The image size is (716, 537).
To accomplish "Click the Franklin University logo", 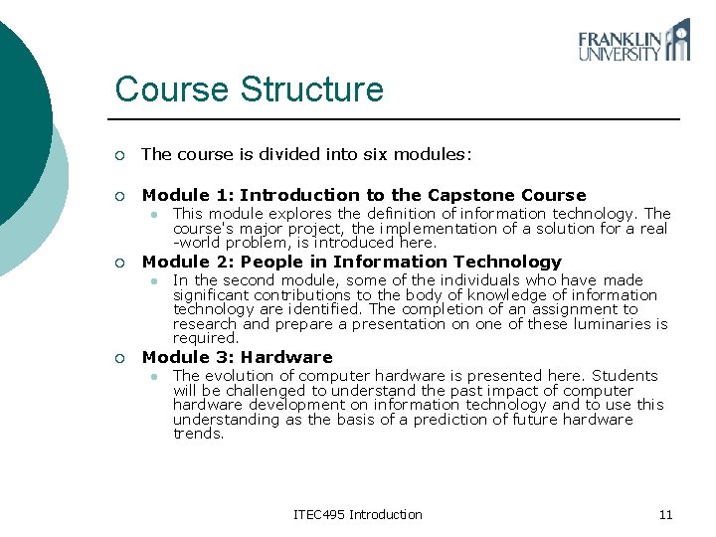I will point(633,41).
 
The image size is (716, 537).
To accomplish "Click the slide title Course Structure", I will point(249,89).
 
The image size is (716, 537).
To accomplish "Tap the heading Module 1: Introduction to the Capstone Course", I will point(364,195).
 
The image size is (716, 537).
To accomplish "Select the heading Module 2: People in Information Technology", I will point(351,262).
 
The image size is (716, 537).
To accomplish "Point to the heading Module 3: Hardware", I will point(237,357).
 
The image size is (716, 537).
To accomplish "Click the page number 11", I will point(665,514).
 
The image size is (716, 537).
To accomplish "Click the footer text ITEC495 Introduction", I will point(358,514).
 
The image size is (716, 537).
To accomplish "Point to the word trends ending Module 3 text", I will point(198,434).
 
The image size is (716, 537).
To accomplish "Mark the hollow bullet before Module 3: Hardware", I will point(119,358).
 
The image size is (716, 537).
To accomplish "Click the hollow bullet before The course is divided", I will point(119,155).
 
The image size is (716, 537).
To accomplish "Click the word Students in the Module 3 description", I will point(625,376).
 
